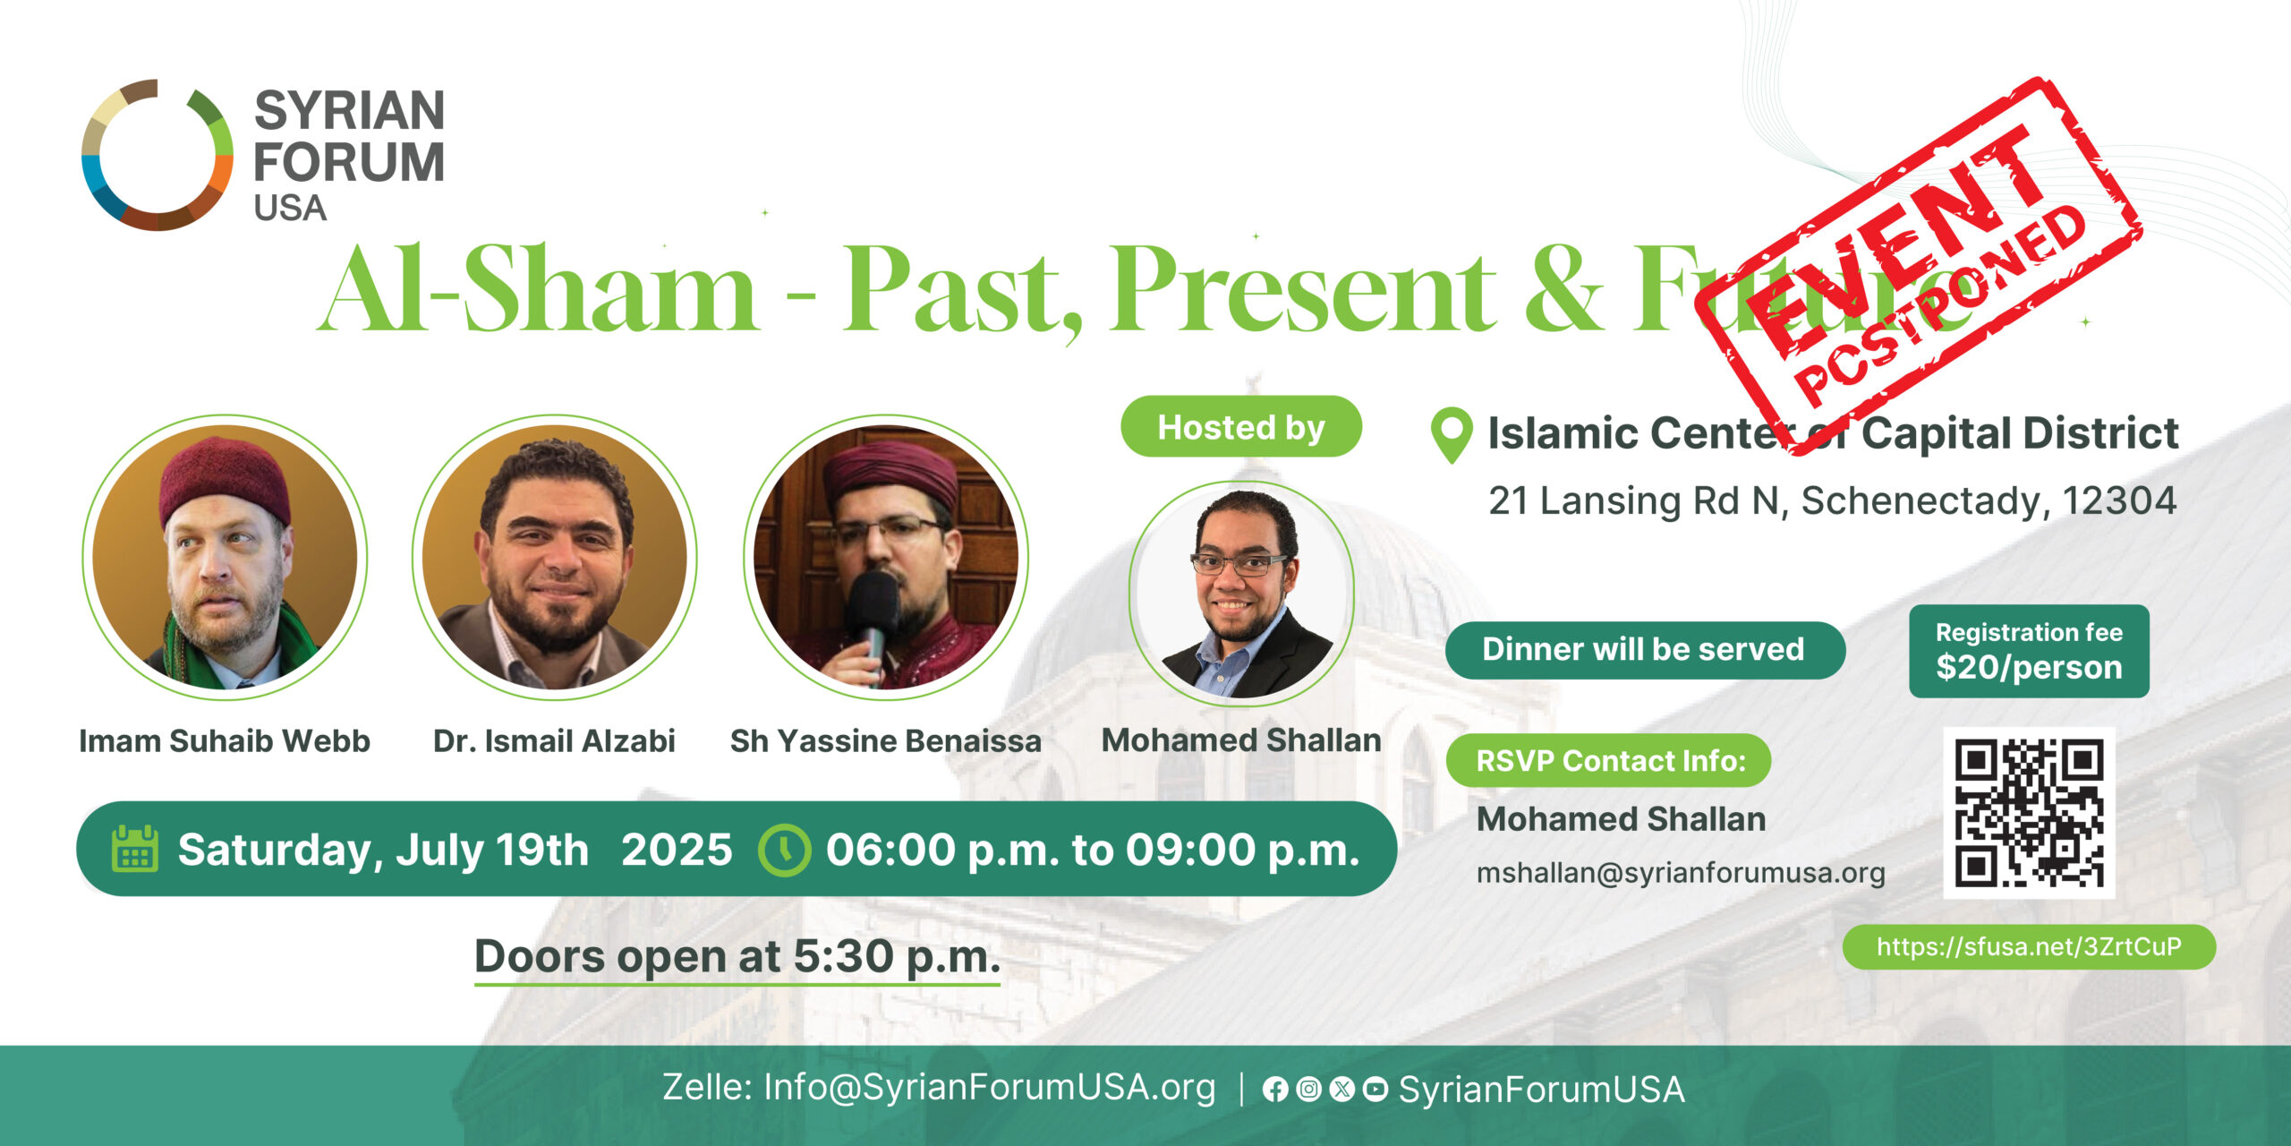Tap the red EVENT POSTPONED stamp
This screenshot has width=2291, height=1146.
[1918, 265]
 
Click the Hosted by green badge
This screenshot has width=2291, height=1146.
[1241, 427]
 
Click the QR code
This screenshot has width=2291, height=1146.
[2029, 812]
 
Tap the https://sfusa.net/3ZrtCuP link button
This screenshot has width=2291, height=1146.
[2029, 946]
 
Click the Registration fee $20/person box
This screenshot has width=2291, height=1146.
[2029, 651]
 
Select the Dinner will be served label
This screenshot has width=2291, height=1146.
[1645, 650]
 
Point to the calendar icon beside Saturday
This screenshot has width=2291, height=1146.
[135, 848]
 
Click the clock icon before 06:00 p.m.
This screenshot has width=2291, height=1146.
[785, 849]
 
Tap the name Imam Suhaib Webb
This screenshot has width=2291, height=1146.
[225, 741]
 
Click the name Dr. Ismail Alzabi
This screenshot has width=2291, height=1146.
[554, 741]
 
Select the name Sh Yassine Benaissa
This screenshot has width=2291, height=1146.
[886, 741]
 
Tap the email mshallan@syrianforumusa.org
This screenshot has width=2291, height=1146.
[1681, 873]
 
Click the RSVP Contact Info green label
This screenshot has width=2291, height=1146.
[1609, 760]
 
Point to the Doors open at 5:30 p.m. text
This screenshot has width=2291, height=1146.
[737, 956]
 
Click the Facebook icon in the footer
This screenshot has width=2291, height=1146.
[1275, 1090]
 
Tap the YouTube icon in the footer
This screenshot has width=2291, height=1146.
[1375, 1090]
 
